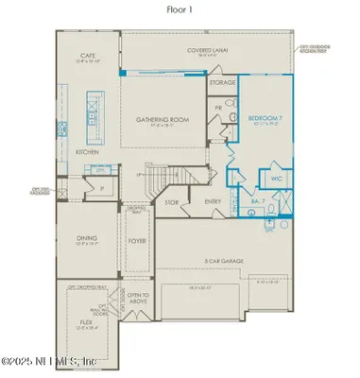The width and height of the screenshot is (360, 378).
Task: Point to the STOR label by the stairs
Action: [x=171, y=200]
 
